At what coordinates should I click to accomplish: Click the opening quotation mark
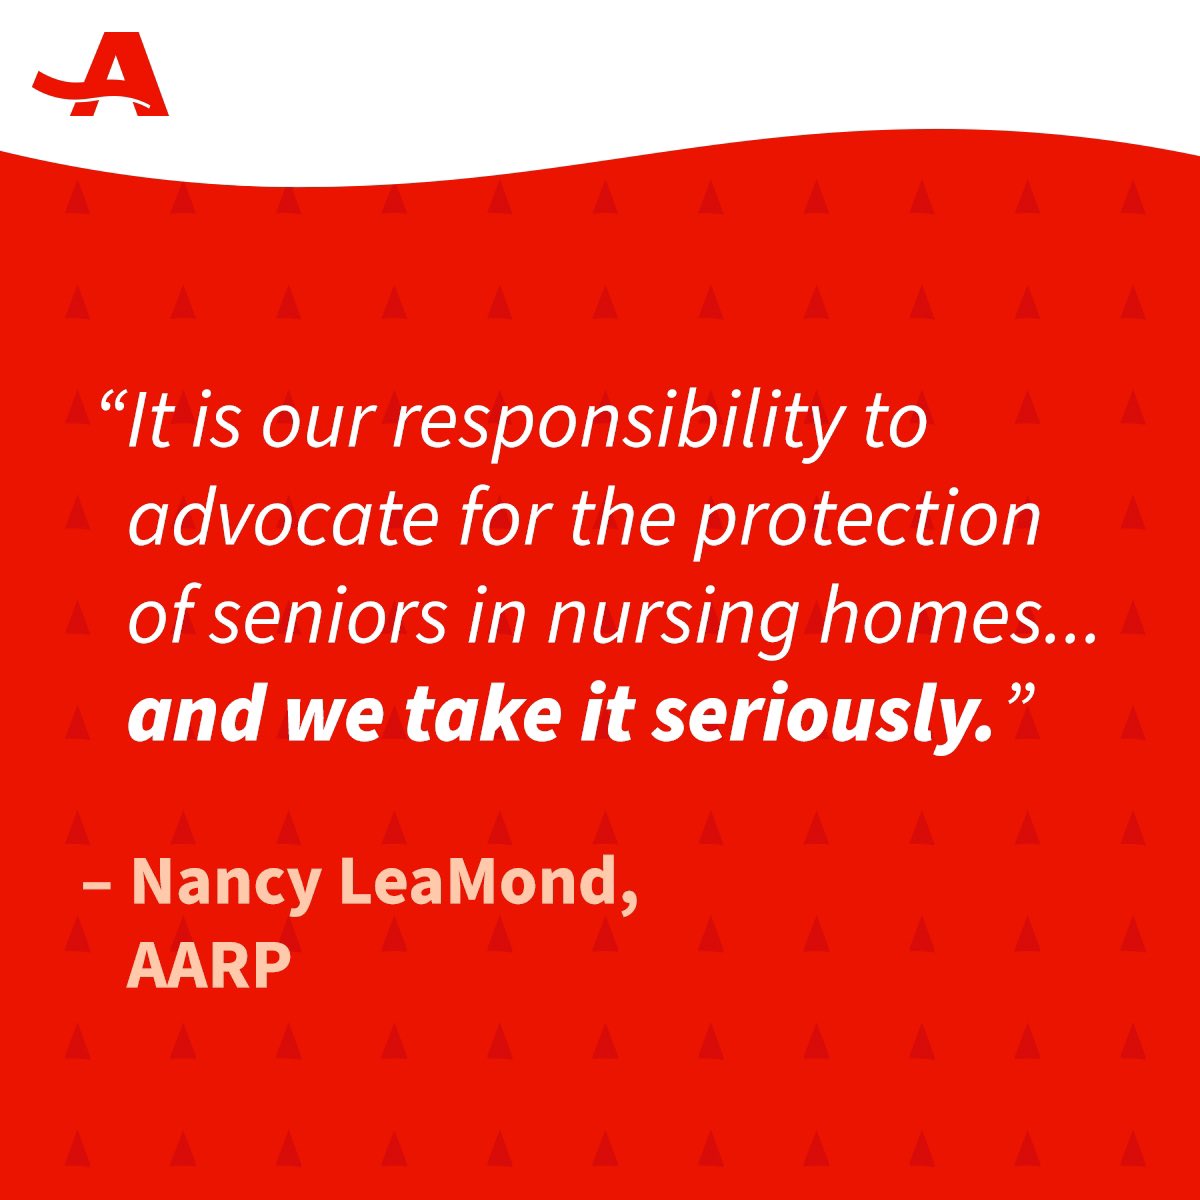click(111, 406)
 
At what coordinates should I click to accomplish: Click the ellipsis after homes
click(1069, 636)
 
